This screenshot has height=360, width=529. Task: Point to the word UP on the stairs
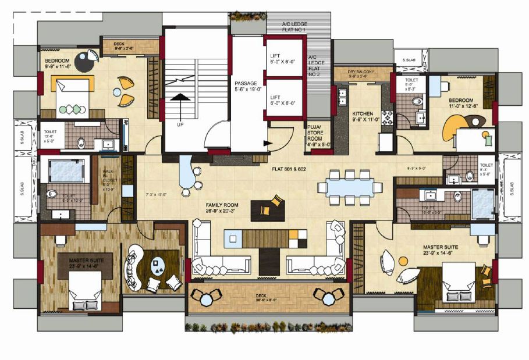click(x=180, y=124)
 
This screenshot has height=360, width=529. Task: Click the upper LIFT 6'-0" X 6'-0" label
click(x=283, y=57)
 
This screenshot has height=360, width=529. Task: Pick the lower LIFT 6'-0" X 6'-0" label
click(x=283, y=99)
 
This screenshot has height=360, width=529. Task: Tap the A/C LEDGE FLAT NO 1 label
click(x=294, y=27)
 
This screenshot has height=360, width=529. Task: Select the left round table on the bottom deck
click(x=207, y=298)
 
